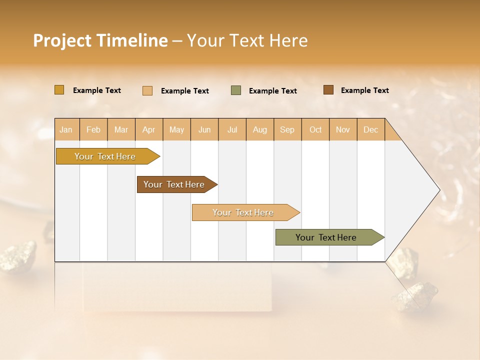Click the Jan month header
pos(66,129)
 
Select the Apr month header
pos(148,129)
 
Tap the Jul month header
pos(232,129)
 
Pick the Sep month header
pos(287,129)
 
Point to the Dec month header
pos(370,129)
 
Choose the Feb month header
pos(93,129)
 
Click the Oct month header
pos(315,129)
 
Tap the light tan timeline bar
pos(243,212)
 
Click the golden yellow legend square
pos(59,90)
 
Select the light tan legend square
pos(147,90)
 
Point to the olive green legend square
pos(236,90)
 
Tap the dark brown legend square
pos(328,90)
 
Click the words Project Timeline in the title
pos(100,40)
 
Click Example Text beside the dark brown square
pos(364,90)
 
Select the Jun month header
pos(204,129)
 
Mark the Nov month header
pos(342,129)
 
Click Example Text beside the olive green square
pos(272,91)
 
